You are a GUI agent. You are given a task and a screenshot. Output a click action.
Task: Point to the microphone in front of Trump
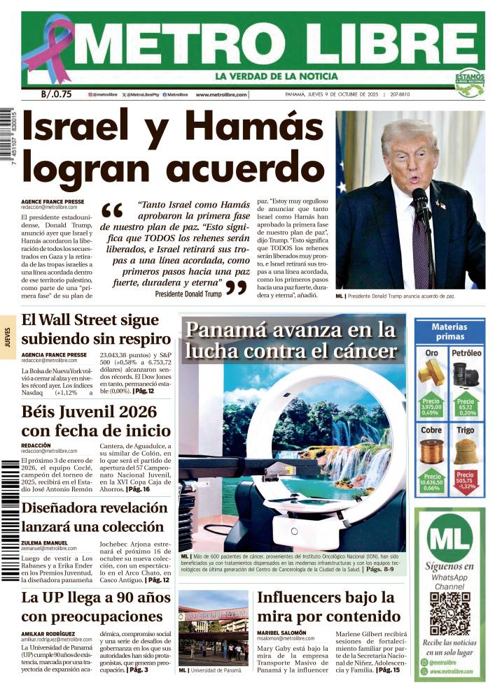[x=420, y=203]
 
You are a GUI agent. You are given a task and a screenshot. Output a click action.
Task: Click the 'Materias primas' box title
[x=449, y=331]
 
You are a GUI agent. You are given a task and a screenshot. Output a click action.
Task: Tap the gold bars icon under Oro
[x=431, y=374]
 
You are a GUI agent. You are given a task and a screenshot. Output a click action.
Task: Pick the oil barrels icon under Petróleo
[x=466, y=374]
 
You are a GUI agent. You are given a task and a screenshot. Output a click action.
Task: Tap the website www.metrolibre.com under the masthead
[x=221, y=95]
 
